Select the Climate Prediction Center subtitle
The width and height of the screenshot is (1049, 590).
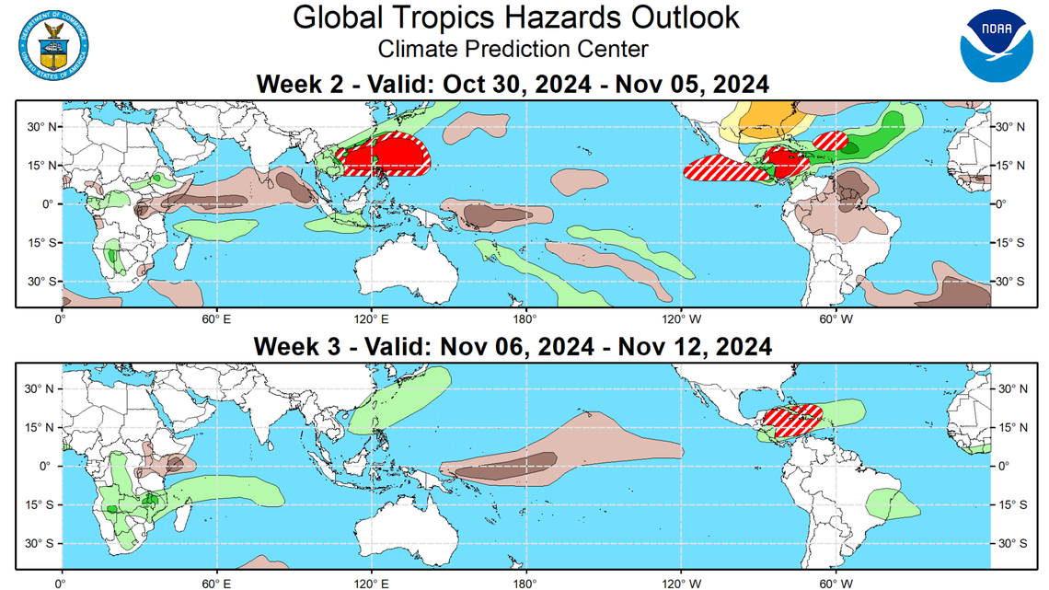[x=513, y=50]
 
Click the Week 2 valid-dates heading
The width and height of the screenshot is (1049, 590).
[x=512, y=84]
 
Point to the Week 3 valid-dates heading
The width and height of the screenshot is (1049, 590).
[x=512, y=346]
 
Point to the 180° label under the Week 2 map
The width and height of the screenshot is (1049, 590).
[x=525, y=319]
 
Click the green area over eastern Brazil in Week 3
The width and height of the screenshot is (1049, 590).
[x=893, y=503]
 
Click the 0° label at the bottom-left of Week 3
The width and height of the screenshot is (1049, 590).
[x=61, y=582]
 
